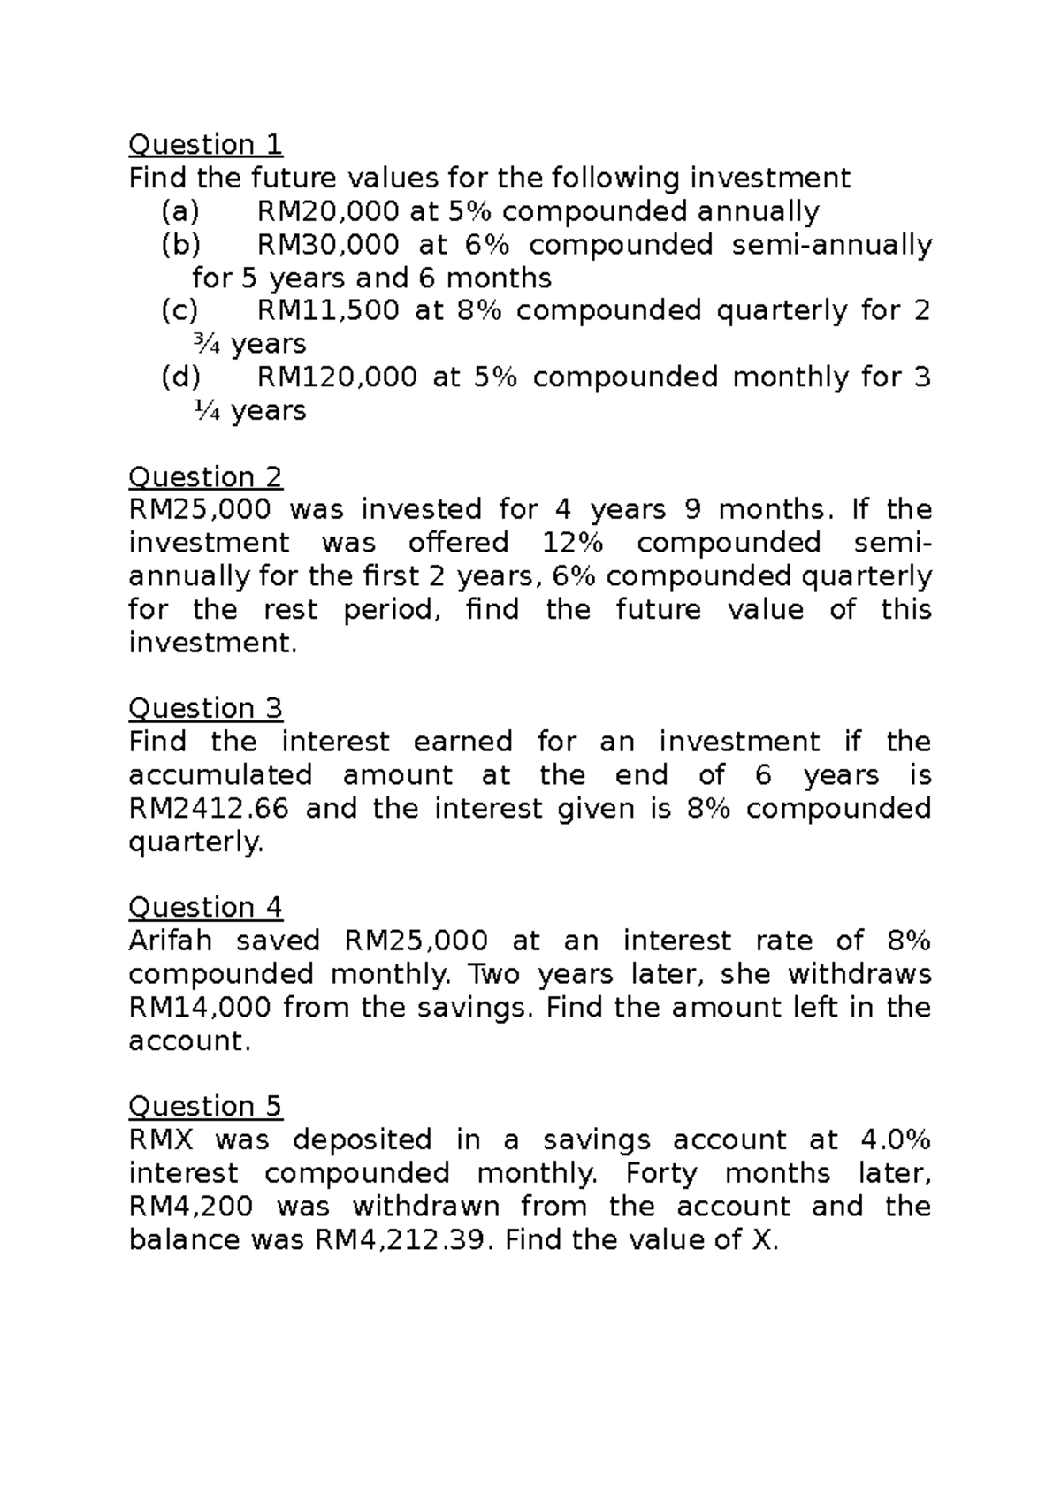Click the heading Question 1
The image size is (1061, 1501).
tap(205, 144)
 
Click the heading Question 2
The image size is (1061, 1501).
tap(205, 477)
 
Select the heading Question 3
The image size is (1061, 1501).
tap(205, 709)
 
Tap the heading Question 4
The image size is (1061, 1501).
tap(205, 908)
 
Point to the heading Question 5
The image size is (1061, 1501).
tap(205, 1107)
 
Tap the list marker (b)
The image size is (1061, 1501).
tap(180, 245)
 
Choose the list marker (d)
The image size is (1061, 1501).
tap(180, 378)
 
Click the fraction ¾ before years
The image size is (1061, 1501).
tap(205, 345)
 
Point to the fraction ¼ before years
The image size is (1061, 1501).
tap(205, 411)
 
